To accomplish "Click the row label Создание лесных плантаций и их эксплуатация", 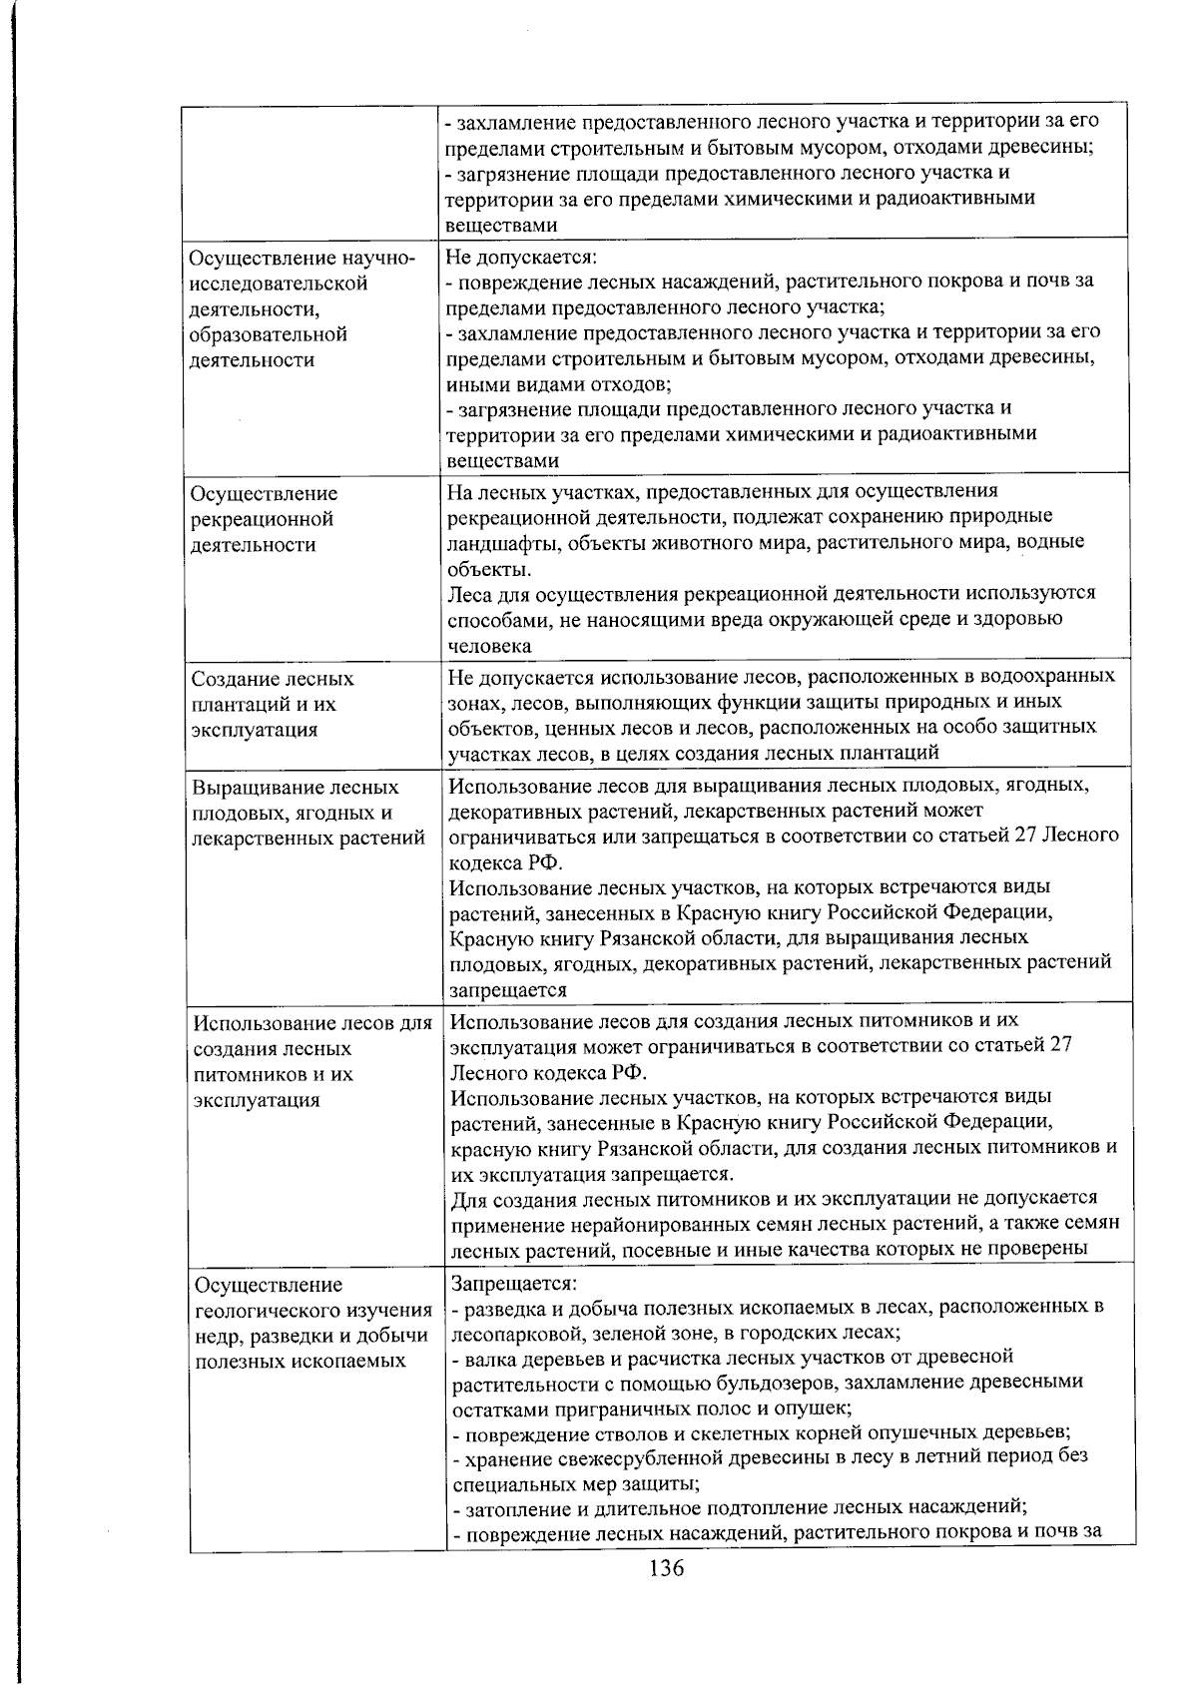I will [273, 704].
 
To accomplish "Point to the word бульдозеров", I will [745, 1382].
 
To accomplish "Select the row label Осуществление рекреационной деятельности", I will [263, 519].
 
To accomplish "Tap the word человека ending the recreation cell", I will [488, 645].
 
